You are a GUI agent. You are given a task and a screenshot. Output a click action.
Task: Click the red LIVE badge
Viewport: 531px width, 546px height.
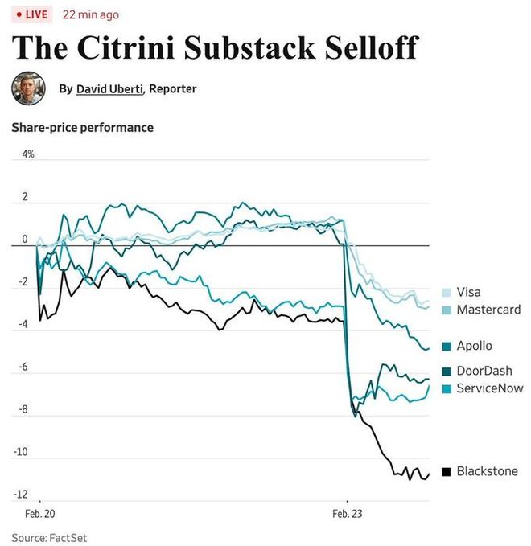point(32,14)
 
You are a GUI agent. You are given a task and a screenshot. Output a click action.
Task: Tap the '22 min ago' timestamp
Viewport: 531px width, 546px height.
point(92,14)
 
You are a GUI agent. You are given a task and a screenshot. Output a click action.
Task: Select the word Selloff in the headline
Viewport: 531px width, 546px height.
point(372,47)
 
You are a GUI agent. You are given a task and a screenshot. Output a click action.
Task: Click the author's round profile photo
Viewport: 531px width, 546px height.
point(28,88)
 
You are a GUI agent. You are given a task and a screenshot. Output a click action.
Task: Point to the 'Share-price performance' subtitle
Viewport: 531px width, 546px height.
point(82,127)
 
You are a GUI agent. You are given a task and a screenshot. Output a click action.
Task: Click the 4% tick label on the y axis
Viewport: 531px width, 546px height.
point(28,154)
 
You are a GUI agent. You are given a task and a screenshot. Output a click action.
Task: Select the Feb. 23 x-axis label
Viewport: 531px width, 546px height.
point(348,513)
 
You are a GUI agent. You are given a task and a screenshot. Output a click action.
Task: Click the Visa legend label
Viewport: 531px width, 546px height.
point(468,293)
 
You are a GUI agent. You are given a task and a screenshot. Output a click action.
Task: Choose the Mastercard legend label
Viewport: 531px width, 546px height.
point(488,310)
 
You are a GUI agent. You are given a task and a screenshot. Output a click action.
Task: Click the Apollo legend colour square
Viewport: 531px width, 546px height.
point(446,347)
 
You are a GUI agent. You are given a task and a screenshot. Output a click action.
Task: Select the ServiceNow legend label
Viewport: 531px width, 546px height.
point(490,388)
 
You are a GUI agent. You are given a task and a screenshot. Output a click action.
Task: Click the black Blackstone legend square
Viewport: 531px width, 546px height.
point(446,471)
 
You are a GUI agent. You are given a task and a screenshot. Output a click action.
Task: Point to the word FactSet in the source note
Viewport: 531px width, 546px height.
point(68,536)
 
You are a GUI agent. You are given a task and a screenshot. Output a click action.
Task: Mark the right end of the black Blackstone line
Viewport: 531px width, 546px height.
point(429,474)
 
